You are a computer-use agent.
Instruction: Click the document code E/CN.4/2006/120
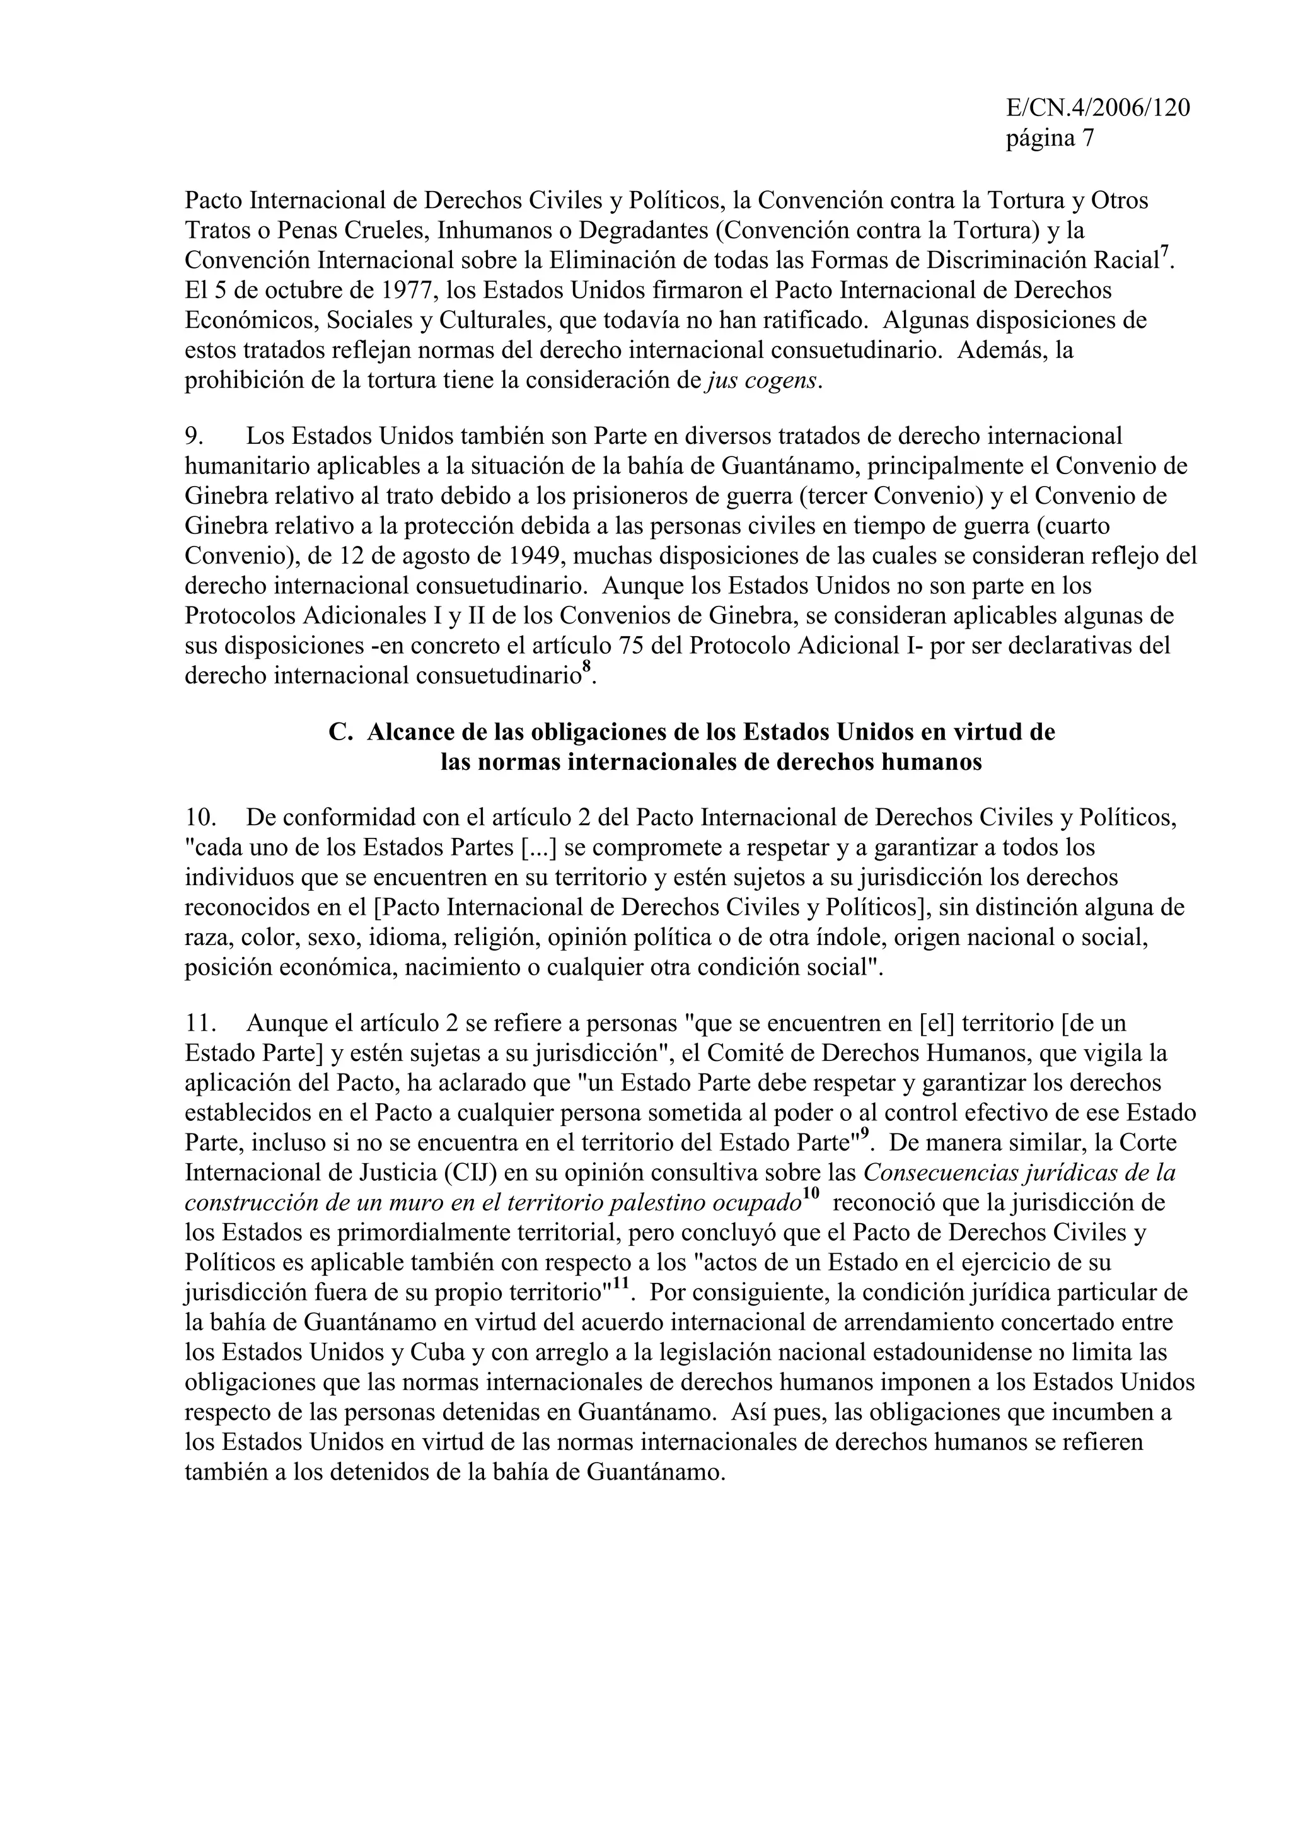click(x=1097, y=108)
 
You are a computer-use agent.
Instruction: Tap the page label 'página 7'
click(x=1050, y=139)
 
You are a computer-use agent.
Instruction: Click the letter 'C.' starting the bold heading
click(x=340, y=732)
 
